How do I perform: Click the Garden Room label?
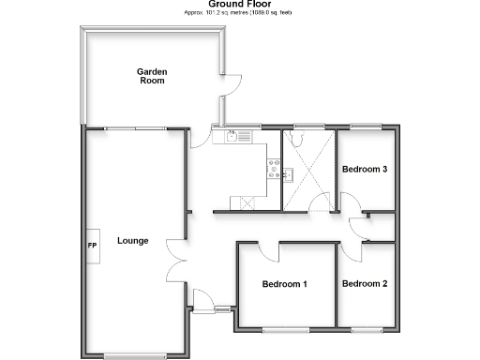(150, 76)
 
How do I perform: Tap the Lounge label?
(133, 241)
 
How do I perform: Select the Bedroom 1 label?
(285, 284)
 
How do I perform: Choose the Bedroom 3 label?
(365, 170)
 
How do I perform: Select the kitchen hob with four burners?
(276, 169)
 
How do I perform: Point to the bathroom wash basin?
(290, 173)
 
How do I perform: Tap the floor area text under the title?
(240, 13)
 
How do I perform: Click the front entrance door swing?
(202, 300)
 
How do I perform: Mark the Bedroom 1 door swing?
(267, 251)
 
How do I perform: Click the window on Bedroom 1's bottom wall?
(285, 329)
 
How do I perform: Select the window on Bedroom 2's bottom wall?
(366, 329)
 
